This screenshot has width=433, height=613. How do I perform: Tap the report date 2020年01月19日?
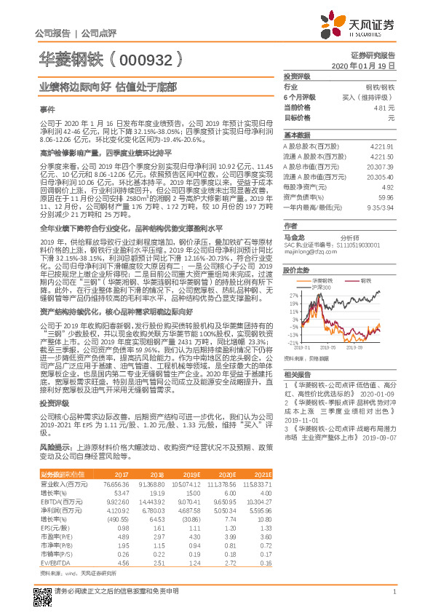(x=378, y=65)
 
